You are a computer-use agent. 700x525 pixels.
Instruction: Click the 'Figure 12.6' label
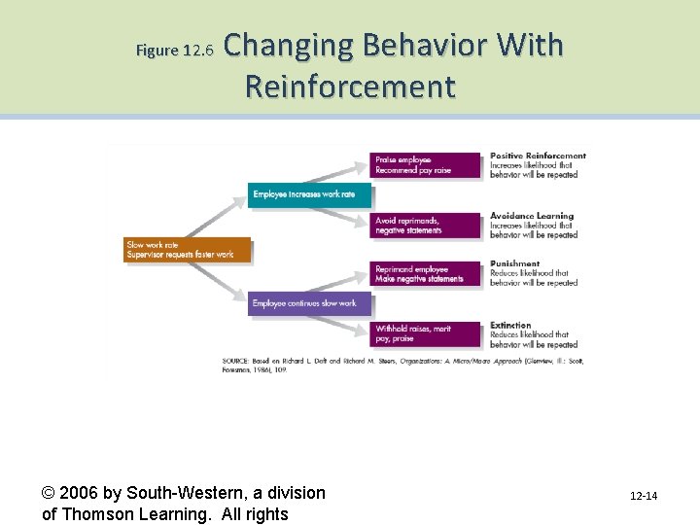pyautogui.click(x=173, y=51)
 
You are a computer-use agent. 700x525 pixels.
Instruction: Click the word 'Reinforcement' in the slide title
pyautogui.click(x=350, y=87)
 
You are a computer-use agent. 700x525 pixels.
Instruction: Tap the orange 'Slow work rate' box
pyautogui.click(x=188, y=250)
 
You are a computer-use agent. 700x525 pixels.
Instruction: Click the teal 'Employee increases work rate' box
pyautogui.click(x=309, y=194)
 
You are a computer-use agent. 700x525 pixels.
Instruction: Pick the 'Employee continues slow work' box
pyautogui.click(x=309, y=303)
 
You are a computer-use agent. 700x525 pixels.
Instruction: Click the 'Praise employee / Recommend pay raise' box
pyautogui.click(x=426, y=165)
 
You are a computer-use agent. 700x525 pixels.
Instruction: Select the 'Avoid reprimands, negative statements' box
pyautogui.click(x=426, y=226)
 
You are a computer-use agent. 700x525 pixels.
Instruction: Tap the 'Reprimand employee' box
pyautogui.click(x=426, y=274)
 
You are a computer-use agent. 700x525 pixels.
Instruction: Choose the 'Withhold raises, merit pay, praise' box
pyautogui.click(x=426, y=334)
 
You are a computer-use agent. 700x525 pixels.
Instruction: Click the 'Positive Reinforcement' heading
pyautogui.click(x=538, y=156)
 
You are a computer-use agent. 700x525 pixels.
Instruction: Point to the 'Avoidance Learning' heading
pyautogui.click(x=532, y=216)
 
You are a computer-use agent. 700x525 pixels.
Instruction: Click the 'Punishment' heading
pyautogui.click(x=514, y=263)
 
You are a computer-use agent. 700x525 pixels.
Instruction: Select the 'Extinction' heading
pyautogui.click(x=510, y=325)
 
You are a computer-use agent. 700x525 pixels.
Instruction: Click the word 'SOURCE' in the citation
pyautogui.click(x=237, y=361)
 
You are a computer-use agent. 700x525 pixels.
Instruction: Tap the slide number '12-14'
pyautogui.click(x=643, y=497)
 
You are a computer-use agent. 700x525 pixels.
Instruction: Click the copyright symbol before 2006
pyautogui.click(x=51, y=493)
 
